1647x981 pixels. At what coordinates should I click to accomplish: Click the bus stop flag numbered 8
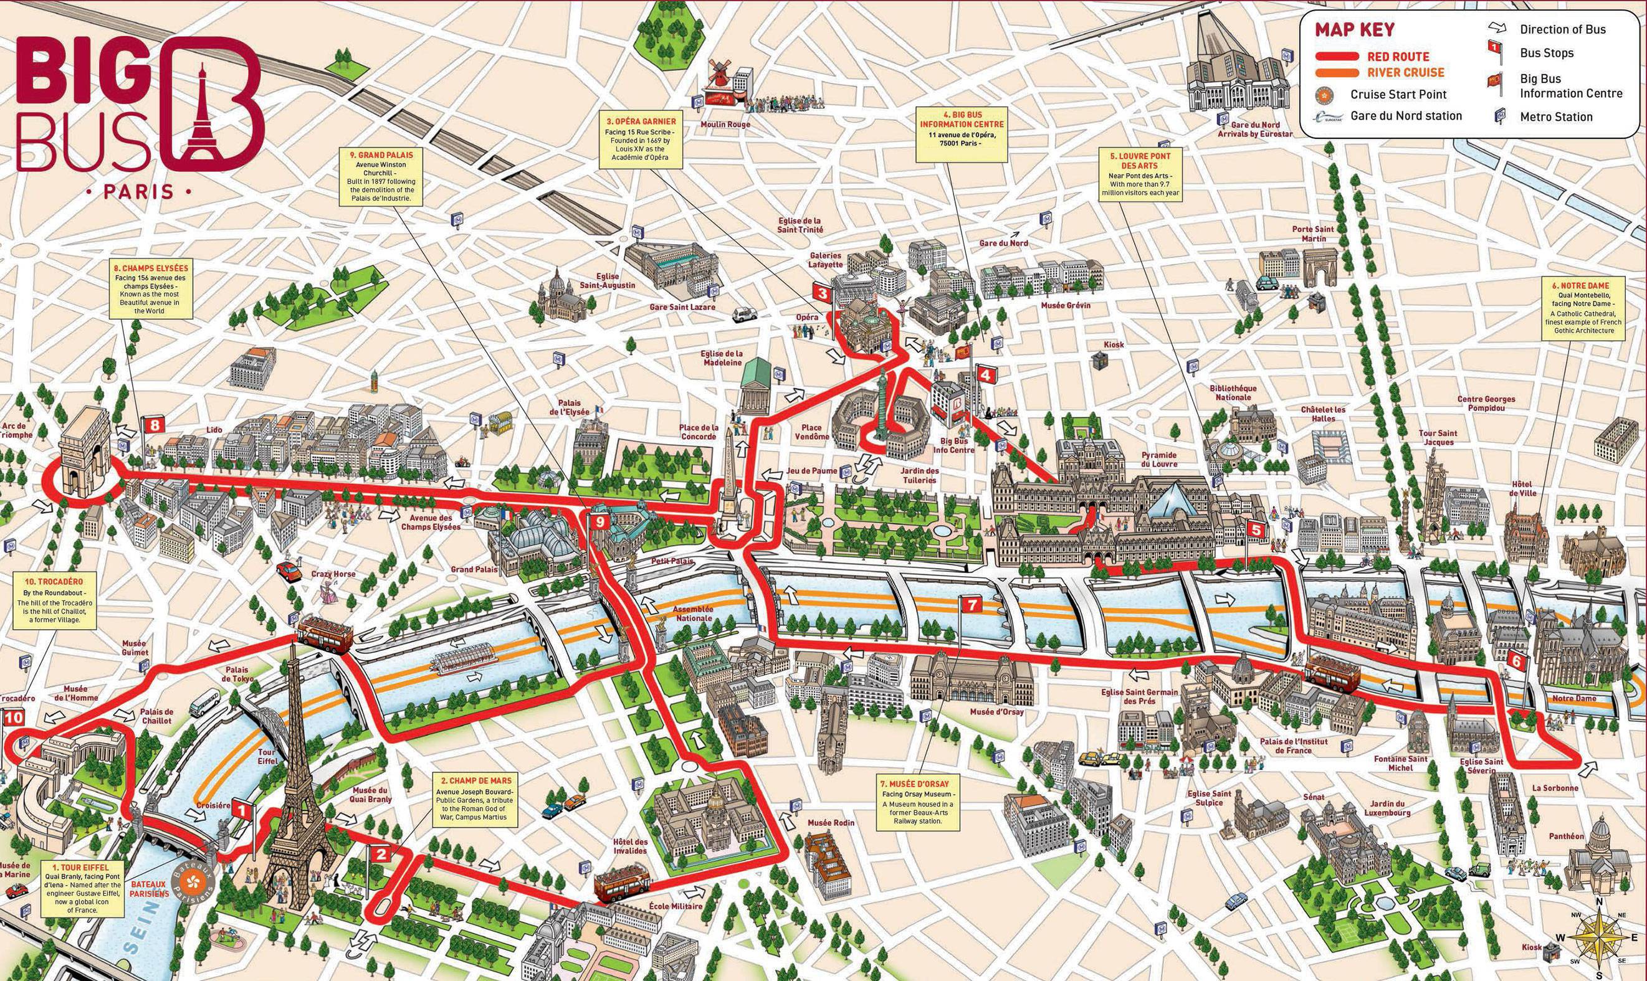[x=154, y=425]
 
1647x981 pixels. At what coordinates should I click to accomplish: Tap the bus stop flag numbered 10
[x=14, y=718]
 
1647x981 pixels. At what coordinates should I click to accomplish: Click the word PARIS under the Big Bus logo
[x=139, y=192]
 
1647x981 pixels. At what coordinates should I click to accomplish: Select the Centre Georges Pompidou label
[x=1486, y=404]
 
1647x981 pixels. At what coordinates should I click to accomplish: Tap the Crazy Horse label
[x=333, y=574]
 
